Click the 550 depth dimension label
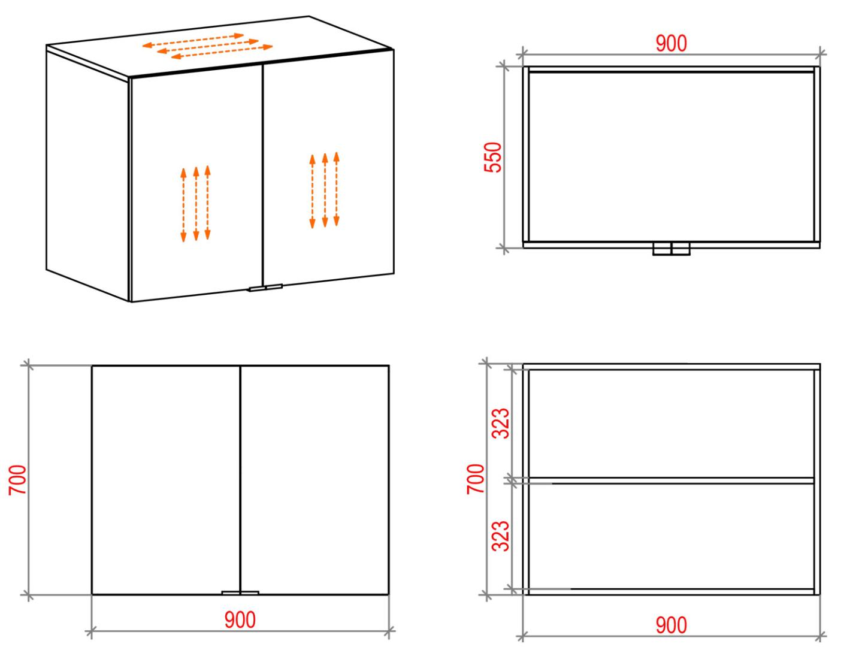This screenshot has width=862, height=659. click(493, 157)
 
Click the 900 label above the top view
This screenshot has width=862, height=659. click(671, 44)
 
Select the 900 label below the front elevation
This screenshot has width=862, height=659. click(240, 619)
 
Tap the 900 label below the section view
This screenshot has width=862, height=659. click(671, 625)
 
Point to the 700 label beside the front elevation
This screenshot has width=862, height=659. click(17, 479)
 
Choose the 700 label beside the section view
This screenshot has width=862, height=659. click(476, 479)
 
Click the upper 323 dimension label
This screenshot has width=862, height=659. click(501, 424)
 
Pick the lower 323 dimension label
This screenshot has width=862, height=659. click(501, 536)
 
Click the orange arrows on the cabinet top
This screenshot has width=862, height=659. click(207, 46)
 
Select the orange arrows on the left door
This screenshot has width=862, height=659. click(195, 204)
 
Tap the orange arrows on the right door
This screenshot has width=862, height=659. click(325, 190)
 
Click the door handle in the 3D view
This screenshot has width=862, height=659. click(265, 288)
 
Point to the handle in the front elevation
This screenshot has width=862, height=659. click(240, 593)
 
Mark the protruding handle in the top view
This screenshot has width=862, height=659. click(671, 249)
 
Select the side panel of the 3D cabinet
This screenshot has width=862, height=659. click(87, 176)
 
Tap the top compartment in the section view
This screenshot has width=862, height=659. click(671, 424)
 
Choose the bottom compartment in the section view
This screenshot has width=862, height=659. click(671, 536)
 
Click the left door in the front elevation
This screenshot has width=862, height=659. click(166, 480)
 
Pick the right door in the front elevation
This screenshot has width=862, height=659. click(314, 480)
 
